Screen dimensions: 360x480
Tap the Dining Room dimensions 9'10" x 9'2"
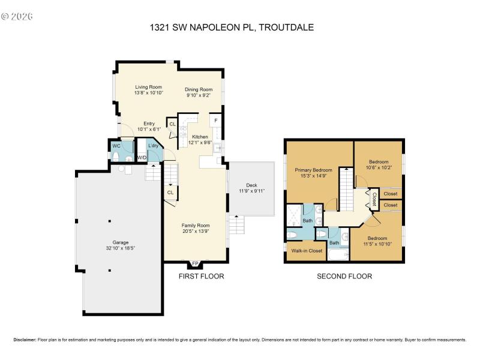198,95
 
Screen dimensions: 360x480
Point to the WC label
116,146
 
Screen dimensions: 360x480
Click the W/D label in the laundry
142,158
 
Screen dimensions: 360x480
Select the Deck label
251,185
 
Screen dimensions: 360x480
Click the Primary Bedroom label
314,170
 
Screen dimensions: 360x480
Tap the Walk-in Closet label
307,251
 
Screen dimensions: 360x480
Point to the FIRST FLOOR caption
201,277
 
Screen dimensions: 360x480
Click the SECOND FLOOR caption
344,277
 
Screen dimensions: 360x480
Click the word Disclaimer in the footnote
25,339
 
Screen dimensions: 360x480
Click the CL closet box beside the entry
172,124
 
